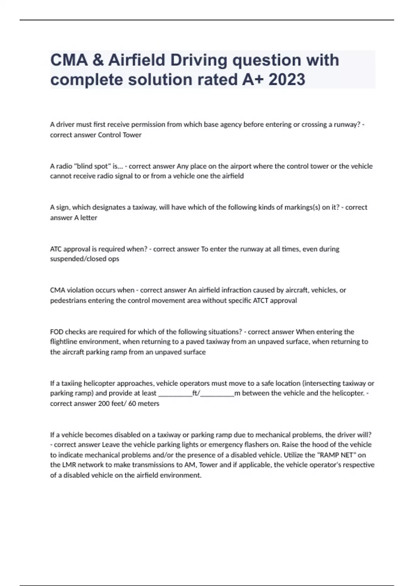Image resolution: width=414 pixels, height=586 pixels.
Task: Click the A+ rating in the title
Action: coord(253,80)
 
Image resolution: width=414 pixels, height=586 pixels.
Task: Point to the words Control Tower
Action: coord(119,135)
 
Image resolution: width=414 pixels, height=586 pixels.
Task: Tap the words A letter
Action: coord(86,218)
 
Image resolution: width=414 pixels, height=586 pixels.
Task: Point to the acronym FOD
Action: coord(57,332)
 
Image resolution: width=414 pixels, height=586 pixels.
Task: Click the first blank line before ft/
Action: coord(175,393)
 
